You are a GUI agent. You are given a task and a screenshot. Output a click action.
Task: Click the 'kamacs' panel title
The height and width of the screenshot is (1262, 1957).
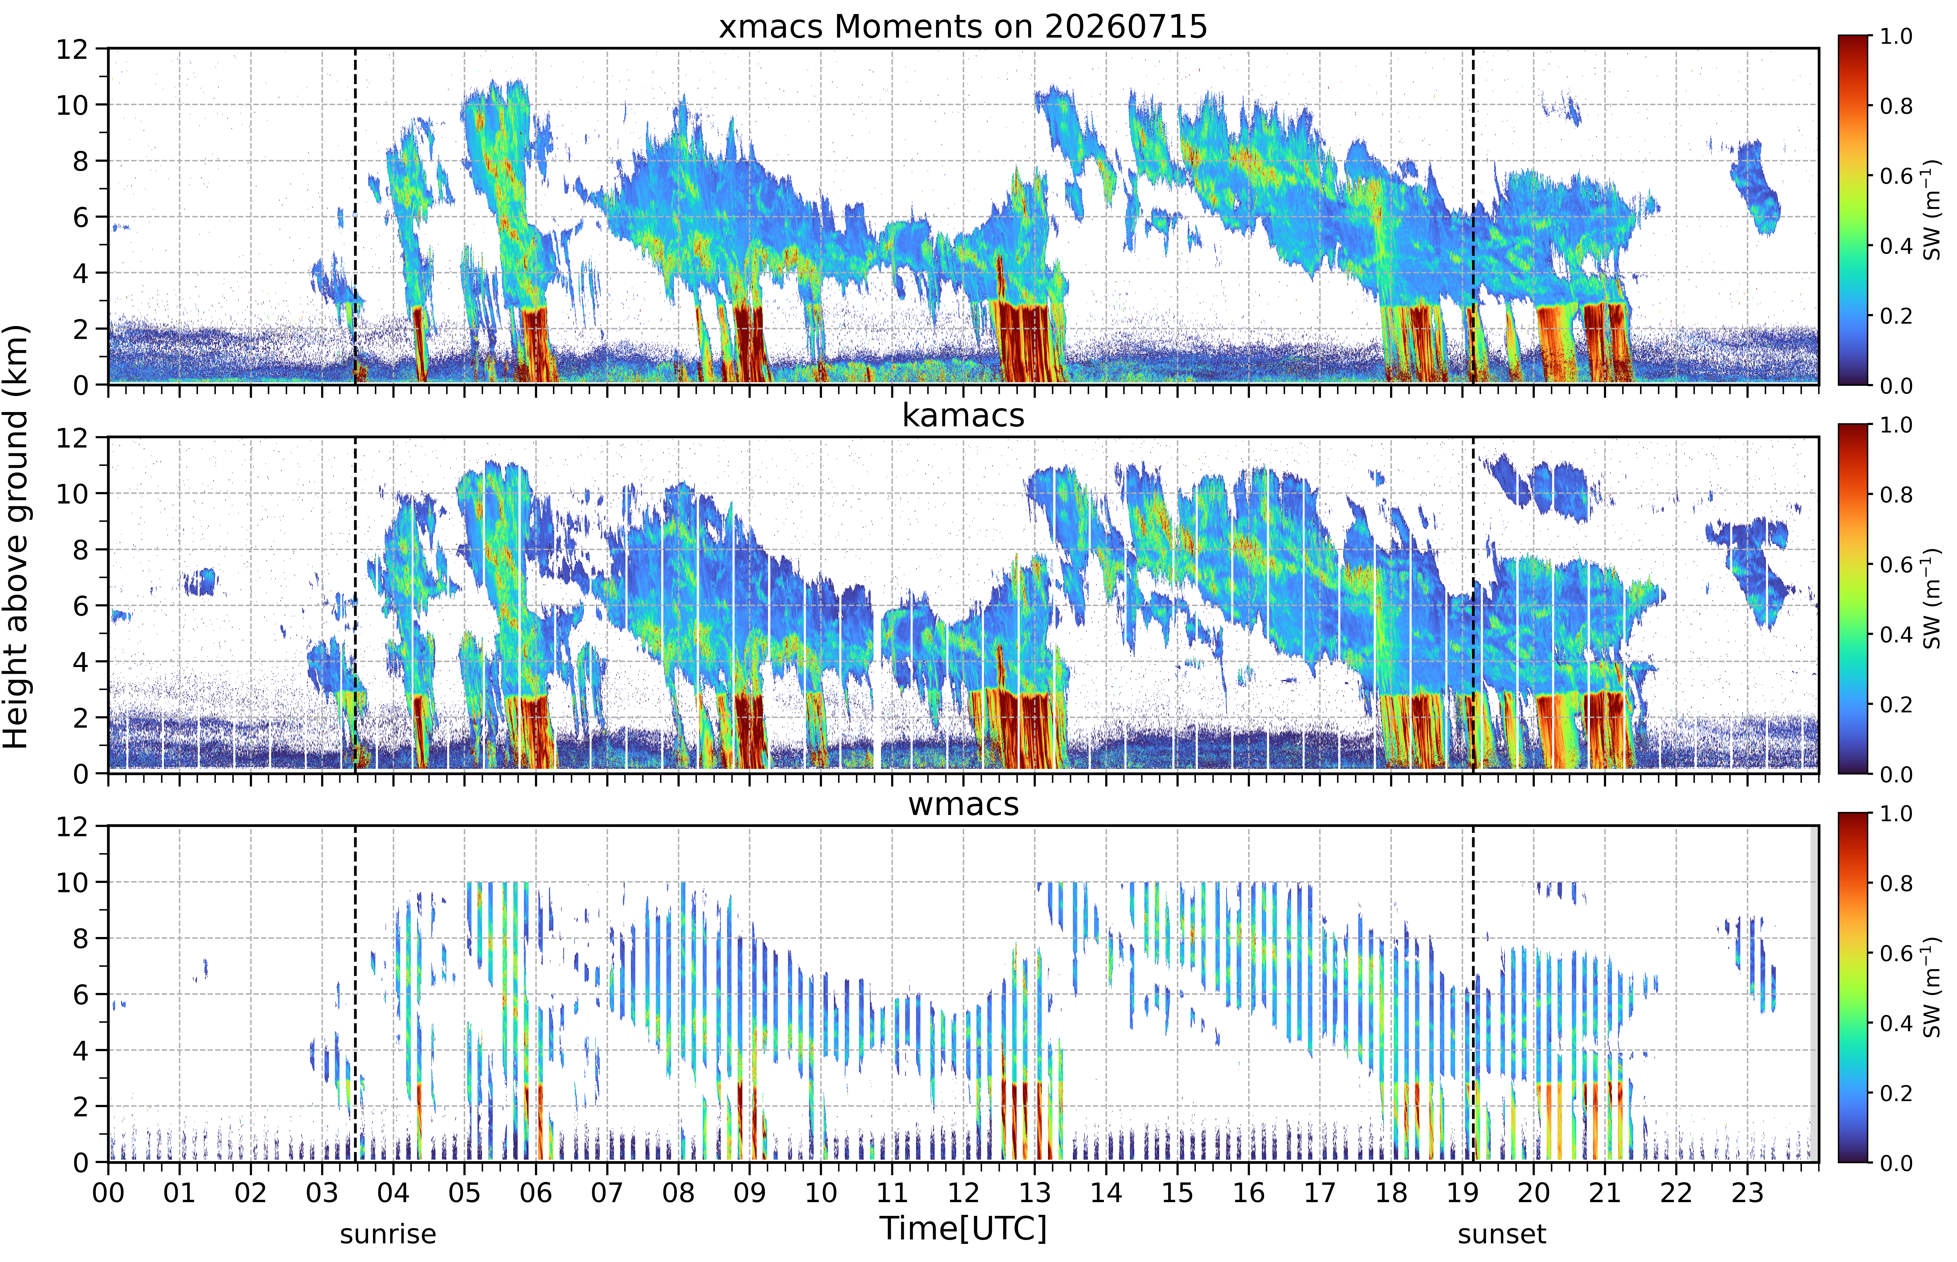pos(963,415)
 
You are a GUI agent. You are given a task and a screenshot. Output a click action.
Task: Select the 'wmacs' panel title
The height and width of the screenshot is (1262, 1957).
pos(963,804)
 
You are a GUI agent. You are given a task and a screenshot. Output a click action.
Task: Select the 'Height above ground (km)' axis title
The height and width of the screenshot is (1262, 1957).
pos(16,537)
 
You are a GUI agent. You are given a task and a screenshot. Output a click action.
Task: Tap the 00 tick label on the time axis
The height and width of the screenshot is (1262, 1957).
pos(108,1192)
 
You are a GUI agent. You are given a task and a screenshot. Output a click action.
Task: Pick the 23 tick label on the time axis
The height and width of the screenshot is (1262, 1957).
pos(1747,1192)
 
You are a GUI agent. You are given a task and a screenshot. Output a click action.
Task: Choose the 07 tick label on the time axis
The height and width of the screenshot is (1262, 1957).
pos(607,1192)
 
